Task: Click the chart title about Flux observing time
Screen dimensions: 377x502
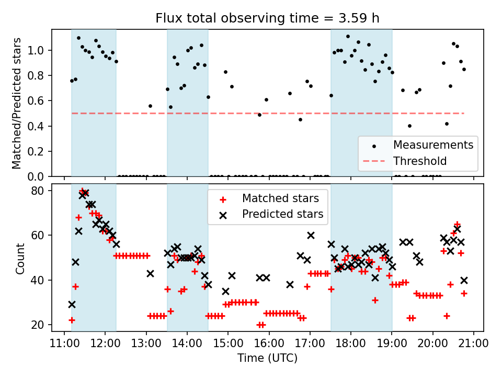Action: tap(267, 18)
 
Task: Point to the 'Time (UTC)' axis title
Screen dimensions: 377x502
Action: tap(267, 358)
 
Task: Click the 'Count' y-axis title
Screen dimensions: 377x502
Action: tap(20, 258)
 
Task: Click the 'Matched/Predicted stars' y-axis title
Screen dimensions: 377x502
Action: tap(17, 103)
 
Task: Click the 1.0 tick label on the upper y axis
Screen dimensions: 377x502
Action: tap(41, 50)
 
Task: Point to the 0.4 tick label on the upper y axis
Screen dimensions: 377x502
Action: tap(41, 126)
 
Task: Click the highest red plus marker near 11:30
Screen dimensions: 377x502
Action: tap(82, 191)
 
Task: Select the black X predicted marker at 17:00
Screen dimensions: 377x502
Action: tap(311, 235)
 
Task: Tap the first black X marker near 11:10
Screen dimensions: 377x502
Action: tap(72, 304)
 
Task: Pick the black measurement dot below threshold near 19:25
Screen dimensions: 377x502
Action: tap(409, 126)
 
